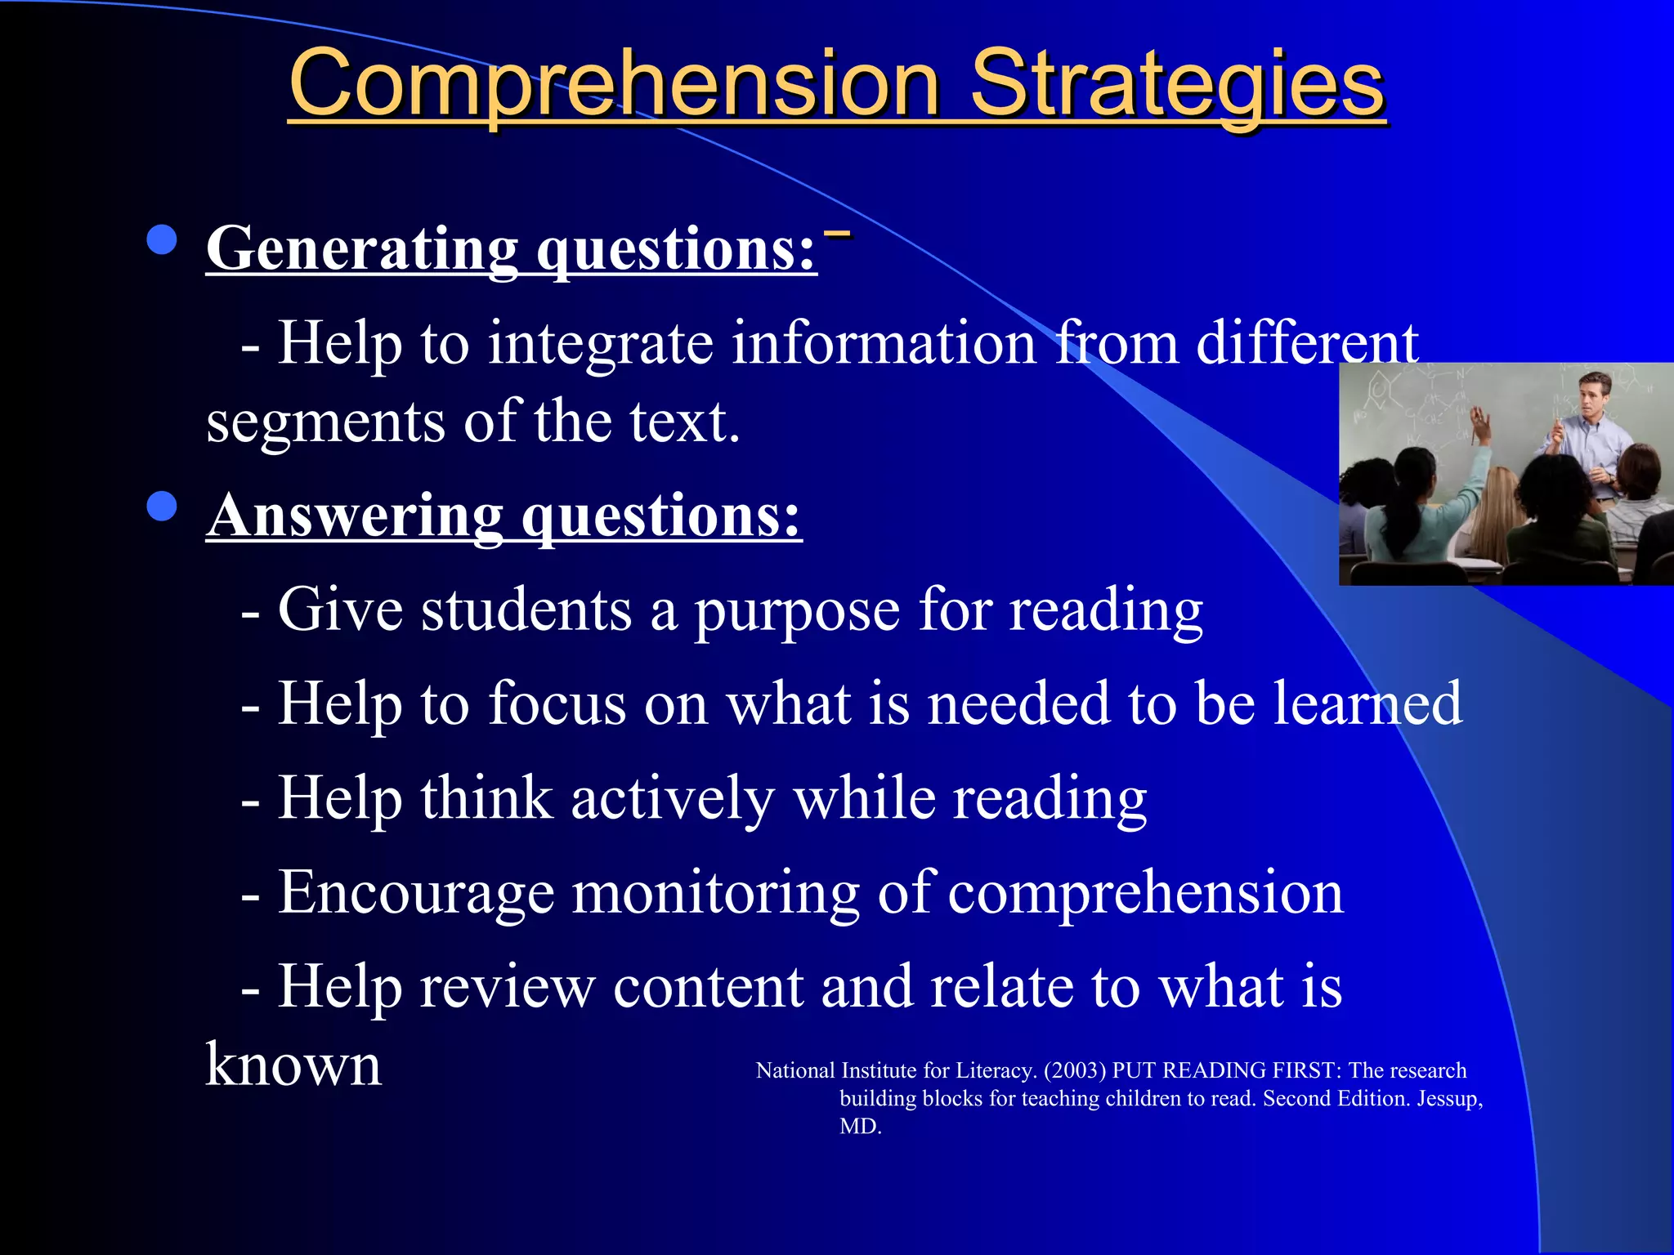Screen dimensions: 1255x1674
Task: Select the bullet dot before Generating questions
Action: (x=162, y=240)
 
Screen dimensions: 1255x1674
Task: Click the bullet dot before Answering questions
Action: (x=162, y=507)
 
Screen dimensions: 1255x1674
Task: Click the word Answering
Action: (x=355, y=516)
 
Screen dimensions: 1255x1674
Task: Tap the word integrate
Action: (x=601, y=343)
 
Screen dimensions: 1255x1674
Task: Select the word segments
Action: (x=325, y=422)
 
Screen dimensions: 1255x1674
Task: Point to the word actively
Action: (x=673, y=798)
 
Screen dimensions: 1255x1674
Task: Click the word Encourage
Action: (x=416, y=892)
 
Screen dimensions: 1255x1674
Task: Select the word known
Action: (x=293, y=1065)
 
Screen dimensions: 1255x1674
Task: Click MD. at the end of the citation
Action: (x=860, y=1126)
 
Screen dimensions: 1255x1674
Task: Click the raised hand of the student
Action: (x=1480, y=421)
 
